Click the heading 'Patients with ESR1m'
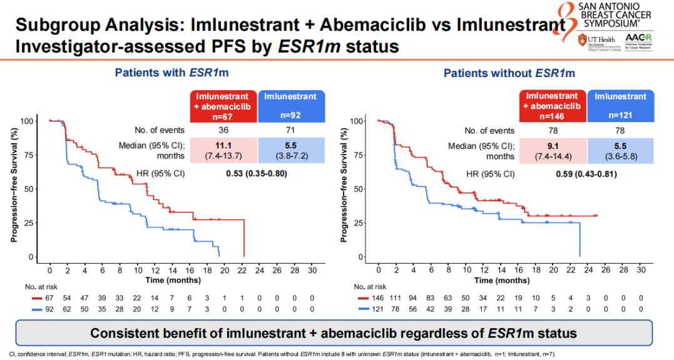point(171,73)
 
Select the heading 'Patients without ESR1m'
point(509,73)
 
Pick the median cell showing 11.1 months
point(223,150)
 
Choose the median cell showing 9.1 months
point(553,150)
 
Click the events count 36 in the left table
point(223,130)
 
